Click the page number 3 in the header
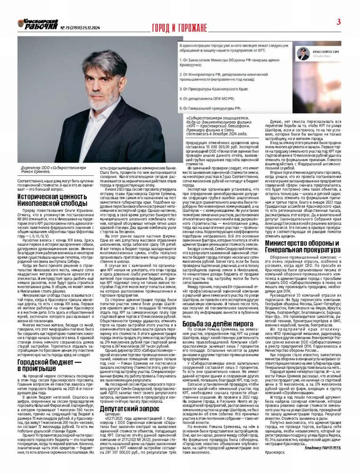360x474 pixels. point(338,21)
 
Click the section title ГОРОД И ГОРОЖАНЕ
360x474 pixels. point(180,27)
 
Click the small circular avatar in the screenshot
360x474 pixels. point(303,54)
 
